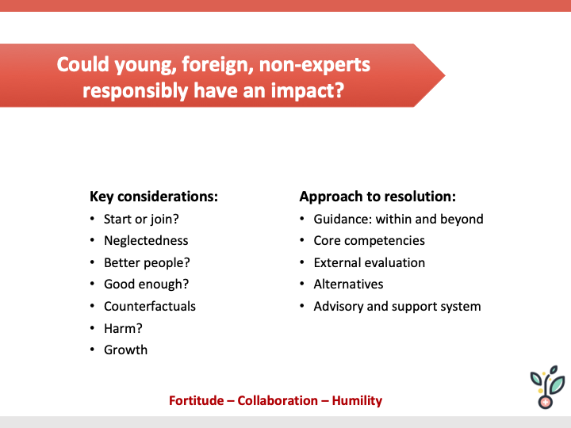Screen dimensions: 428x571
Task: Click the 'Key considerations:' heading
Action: point(154,197)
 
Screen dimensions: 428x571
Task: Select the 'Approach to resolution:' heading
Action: point(377,197)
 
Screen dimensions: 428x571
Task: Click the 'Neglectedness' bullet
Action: point(146,240)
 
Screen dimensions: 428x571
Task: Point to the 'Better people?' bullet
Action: point(147,262)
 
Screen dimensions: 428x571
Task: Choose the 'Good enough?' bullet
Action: point(146,284)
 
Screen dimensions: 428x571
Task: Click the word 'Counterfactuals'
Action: point(149,306)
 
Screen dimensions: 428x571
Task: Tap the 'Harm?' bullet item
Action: point(123,327)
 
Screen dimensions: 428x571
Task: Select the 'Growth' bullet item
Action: point(125,350)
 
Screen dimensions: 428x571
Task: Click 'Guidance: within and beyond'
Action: point(398,219)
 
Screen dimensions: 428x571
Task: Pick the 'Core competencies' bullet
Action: point(369,240)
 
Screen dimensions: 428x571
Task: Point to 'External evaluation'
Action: point(369,262)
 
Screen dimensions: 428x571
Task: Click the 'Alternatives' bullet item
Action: point(348,284)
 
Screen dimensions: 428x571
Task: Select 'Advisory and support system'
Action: point(397,306)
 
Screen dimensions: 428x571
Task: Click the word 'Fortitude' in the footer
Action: point(196,400)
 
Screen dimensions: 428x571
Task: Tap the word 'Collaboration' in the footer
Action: point(277,400)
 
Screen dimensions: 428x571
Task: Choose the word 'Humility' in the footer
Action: point(356,400)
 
